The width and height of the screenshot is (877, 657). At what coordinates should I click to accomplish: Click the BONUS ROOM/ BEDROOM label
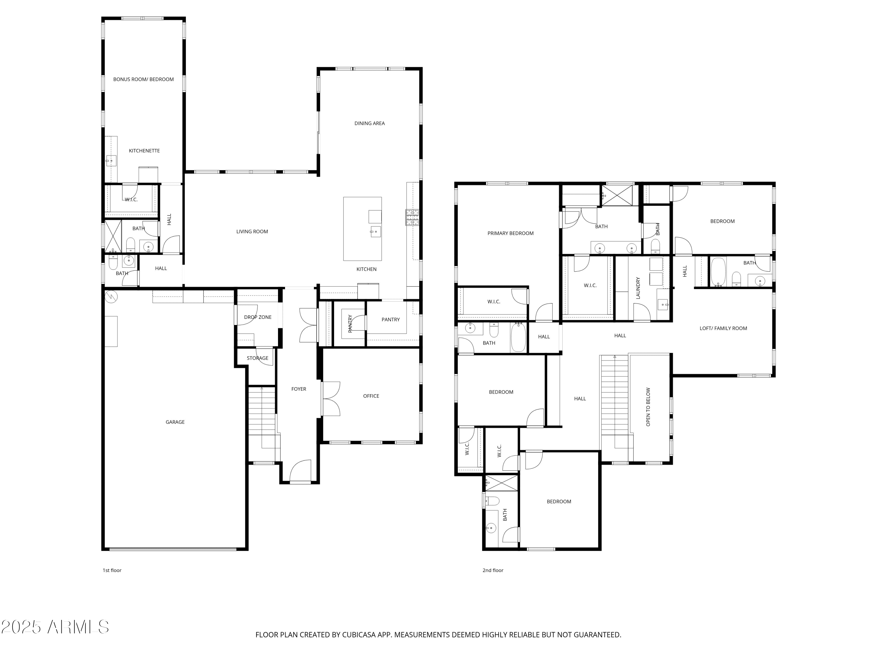(144, 79)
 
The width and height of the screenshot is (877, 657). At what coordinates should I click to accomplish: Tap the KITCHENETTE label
(144, 150)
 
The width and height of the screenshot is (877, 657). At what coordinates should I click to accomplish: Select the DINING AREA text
(370, 123)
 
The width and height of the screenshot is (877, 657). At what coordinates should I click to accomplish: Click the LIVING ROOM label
(252, 231)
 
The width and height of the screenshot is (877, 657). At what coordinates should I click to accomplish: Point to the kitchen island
(362, 229)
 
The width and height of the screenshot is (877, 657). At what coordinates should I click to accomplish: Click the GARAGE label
(175, 422)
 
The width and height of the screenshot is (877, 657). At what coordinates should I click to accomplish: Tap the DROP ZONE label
(258, 317)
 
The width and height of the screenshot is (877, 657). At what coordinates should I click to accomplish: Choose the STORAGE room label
(258, 358)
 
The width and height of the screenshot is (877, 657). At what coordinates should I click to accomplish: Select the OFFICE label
(371, 396)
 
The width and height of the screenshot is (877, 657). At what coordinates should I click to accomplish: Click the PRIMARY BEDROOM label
(511, 233)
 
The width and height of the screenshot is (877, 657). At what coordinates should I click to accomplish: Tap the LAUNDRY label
(638, 288)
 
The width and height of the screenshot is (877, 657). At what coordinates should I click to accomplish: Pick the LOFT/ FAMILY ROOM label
(723, 328)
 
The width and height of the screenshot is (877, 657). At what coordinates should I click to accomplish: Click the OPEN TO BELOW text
(648, 407)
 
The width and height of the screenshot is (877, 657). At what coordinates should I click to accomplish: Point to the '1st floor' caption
(112, 570)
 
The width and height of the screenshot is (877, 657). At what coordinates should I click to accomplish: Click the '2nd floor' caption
(493, 570)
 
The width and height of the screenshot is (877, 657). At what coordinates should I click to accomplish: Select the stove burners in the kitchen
(412, 217)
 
